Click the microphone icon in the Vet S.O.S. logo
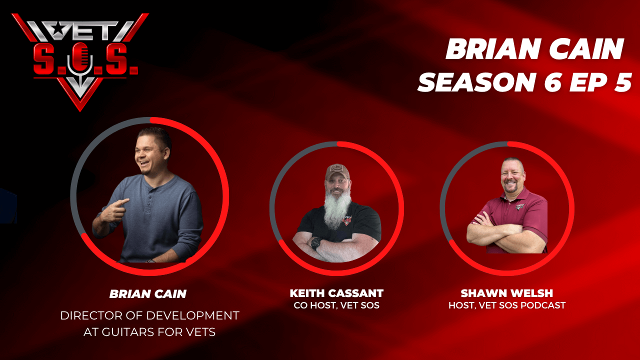[x=80, y=63]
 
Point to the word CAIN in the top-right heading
[x=586, y=48]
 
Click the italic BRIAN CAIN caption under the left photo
[x=148, y=294]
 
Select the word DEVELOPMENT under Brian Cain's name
[x=193, y=315]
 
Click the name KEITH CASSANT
[x=336, y=293]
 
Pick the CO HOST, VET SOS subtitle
[x=336, y=305]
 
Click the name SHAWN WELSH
[x=507, y=293]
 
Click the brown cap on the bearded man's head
[x=337, y=171]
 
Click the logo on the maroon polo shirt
[x=520, y=206]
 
